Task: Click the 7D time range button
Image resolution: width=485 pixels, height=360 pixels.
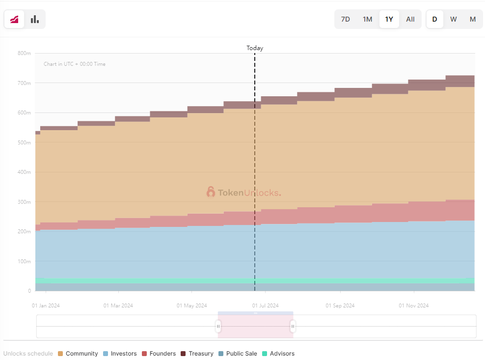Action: (346, 19)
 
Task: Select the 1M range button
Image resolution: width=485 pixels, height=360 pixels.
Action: (367, 19)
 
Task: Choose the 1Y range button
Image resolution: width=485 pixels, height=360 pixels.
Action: (389, 19)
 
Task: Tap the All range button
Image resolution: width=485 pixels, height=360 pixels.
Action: (410, 19)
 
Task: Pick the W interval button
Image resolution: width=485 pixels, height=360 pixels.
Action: (454, 19)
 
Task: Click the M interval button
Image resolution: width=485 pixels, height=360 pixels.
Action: (473, 19)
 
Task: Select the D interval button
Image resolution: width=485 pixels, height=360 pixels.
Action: (434, 19)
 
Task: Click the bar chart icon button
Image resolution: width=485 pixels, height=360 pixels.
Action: (35, 19)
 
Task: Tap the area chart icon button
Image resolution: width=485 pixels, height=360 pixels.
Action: (14, 19)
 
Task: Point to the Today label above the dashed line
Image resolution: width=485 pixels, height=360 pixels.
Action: (255, 48)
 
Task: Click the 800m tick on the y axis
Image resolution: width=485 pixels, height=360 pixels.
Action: (24, 53)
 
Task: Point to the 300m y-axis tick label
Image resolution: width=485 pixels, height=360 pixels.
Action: (24, 202)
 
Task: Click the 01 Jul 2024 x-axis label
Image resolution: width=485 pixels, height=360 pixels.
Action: (265, 305)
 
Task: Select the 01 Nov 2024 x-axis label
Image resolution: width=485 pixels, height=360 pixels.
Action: (413, 305)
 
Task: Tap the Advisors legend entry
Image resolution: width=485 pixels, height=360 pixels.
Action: (278, 354)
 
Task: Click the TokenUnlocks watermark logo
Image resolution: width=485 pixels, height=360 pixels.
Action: (243, 193)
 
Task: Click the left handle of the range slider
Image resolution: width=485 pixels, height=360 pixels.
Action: (218, 326)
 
